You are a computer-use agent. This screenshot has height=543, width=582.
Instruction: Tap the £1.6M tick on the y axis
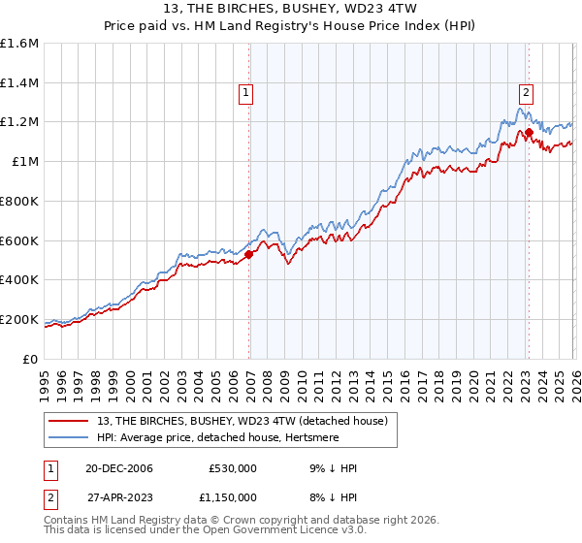click(19, 44)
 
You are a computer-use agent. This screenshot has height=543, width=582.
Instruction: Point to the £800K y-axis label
click(19, 201)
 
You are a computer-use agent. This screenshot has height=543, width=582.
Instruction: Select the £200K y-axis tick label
click(19, 319)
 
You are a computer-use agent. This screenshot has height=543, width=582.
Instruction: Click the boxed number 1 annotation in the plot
click(246, 93)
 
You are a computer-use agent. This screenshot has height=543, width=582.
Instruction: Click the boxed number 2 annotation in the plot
click(526, 93)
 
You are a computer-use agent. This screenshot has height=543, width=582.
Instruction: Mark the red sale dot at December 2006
click(249, 255)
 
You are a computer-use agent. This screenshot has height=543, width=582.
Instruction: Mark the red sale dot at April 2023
click(529, 132)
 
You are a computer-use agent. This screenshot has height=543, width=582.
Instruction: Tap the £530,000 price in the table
click(233, 468)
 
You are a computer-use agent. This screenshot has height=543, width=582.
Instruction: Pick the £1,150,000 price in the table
click(229, 496)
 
